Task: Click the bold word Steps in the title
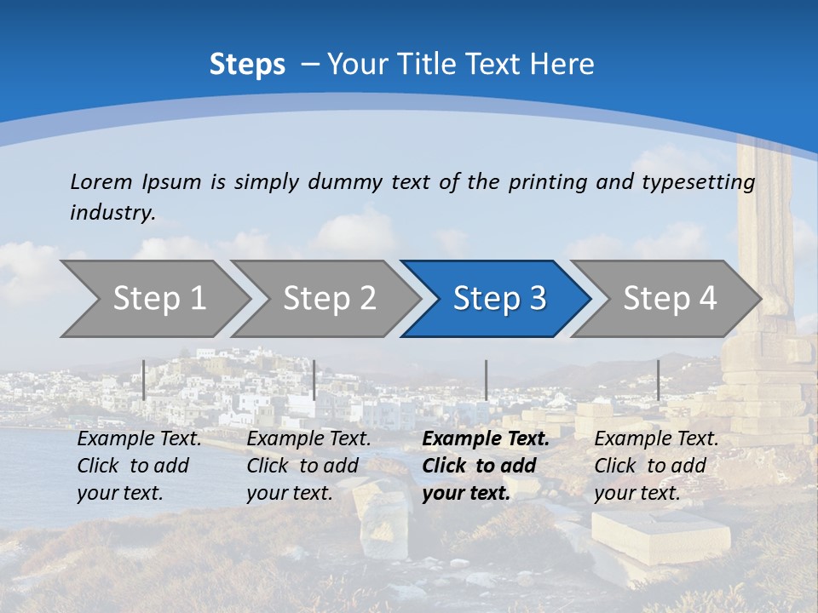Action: tap(247, 65)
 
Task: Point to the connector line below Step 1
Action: tap(144, 380)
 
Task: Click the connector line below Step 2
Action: tap(314, 380)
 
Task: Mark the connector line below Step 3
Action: tap(486, 380)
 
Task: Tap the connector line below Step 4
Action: tap(658, 380)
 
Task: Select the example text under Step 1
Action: tap(139, 466)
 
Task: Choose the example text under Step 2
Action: tap(308, 466)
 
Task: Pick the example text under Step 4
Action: tap(656, 466)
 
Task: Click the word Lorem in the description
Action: tap(101, 182)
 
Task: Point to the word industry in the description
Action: tap(112, 213)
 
